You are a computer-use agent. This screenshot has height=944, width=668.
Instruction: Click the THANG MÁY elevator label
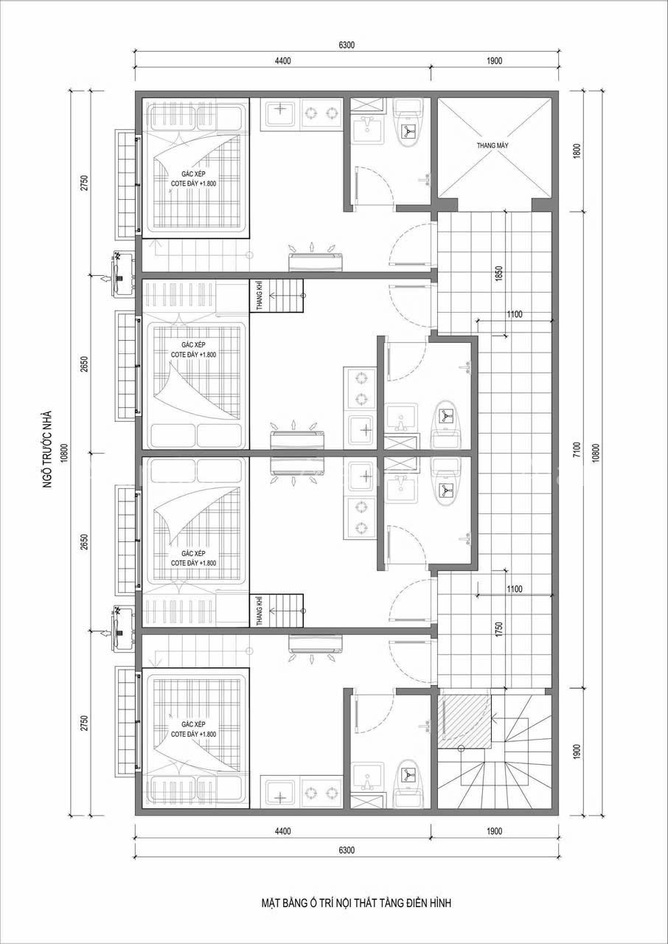coord(493,145)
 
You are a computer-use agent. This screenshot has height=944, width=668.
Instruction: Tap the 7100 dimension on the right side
coord(577,449)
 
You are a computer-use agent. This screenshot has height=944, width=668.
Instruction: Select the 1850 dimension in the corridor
coord(499,274)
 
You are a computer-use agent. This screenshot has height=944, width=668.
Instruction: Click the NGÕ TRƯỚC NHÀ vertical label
coord(47,449)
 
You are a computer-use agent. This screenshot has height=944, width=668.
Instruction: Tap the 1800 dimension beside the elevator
coord(577,151)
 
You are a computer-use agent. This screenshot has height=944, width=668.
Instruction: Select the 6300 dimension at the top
coord(347,45)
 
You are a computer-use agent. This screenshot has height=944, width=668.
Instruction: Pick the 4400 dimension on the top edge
coord(282,60)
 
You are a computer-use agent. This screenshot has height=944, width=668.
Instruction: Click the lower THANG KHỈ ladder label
coord(260,610)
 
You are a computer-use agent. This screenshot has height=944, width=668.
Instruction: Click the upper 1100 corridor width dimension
coord(514,314)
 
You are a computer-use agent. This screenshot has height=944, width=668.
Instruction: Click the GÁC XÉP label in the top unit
coord(193,173)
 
